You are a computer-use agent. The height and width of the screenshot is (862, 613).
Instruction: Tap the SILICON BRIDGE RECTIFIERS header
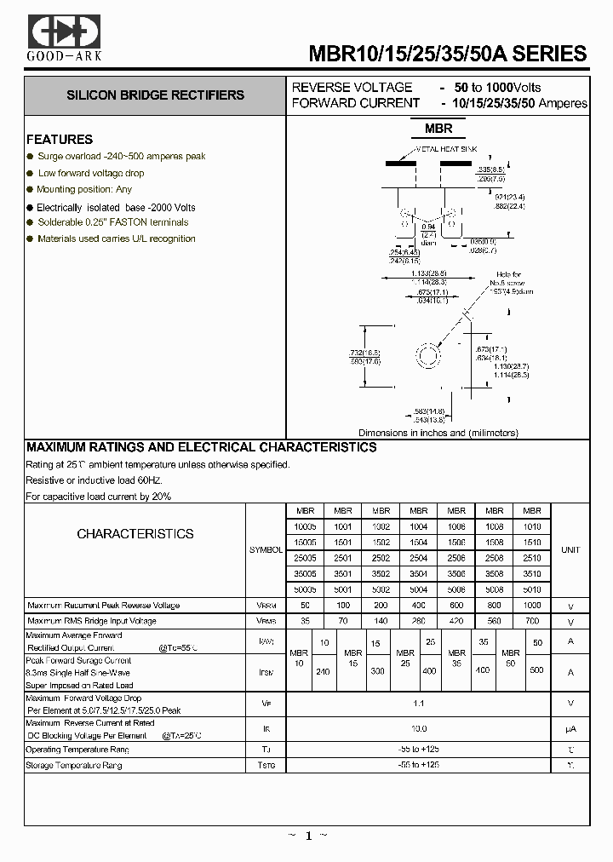[155, 95]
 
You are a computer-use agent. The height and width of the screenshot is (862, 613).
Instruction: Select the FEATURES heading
[60, 139]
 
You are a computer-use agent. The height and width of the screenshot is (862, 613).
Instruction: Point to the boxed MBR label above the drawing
[438, 129]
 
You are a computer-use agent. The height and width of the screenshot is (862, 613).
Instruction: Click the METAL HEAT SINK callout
[447, 149]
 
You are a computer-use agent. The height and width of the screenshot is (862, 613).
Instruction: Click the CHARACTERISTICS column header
[135, 534]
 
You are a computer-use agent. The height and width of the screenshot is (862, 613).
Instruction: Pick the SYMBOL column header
[266, 550]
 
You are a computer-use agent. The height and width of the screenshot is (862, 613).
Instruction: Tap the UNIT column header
[570, 550]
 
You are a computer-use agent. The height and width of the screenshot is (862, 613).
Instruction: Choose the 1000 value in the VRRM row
[531, 605]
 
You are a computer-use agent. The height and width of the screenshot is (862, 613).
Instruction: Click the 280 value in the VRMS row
[418, 621]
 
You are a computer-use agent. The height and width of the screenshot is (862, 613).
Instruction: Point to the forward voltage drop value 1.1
[418, 703]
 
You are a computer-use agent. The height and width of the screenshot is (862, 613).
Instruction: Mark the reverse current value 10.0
[418, 728]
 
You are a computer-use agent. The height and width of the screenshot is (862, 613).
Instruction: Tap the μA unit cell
[570, 728]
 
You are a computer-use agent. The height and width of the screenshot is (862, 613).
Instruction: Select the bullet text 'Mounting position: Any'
[84, 189]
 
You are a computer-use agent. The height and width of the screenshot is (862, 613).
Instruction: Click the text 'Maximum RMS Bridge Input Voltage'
[92, 621]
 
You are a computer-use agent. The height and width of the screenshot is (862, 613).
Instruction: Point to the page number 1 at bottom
[306, 836]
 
